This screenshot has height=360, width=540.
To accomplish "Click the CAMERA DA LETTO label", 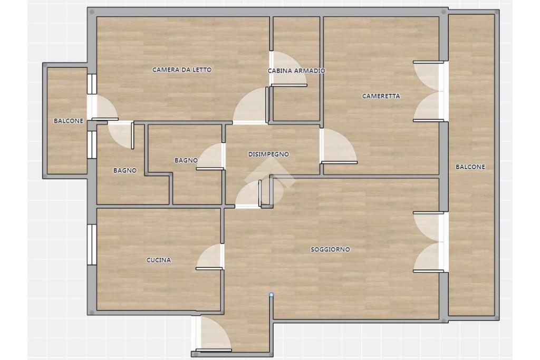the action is [182, 70].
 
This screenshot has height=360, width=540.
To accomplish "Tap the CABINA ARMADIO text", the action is [296, 71].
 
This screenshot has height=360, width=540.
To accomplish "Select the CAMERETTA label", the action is [381, 96].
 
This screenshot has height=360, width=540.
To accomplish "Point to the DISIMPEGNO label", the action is [268, 154].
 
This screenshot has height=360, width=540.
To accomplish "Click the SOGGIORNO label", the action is [330, 249].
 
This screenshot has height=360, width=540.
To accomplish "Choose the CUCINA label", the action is [158, 260].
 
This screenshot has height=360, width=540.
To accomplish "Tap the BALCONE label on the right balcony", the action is [470, 167].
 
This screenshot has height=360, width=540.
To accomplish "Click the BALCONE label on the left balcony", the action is [69, 121].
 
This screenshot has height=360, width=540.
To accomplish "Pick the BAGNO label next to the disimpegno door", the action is [186, 160].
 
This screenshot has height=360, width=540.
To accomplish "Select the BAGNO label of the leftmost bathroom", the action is [125, 170].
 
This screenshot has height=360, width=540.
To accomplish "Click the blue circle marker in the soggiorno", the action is [272, 295].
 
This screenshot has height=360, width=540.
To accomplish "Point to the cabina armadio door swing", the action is [288, 69].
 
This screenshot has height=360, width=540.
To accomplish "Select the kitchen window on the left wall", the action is [92, 245].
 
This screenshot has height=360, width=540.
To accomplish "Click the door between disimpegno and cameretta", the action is [338, 145].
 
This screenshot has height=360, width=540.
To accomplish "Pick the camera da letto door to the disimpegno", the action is [250, 105].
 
